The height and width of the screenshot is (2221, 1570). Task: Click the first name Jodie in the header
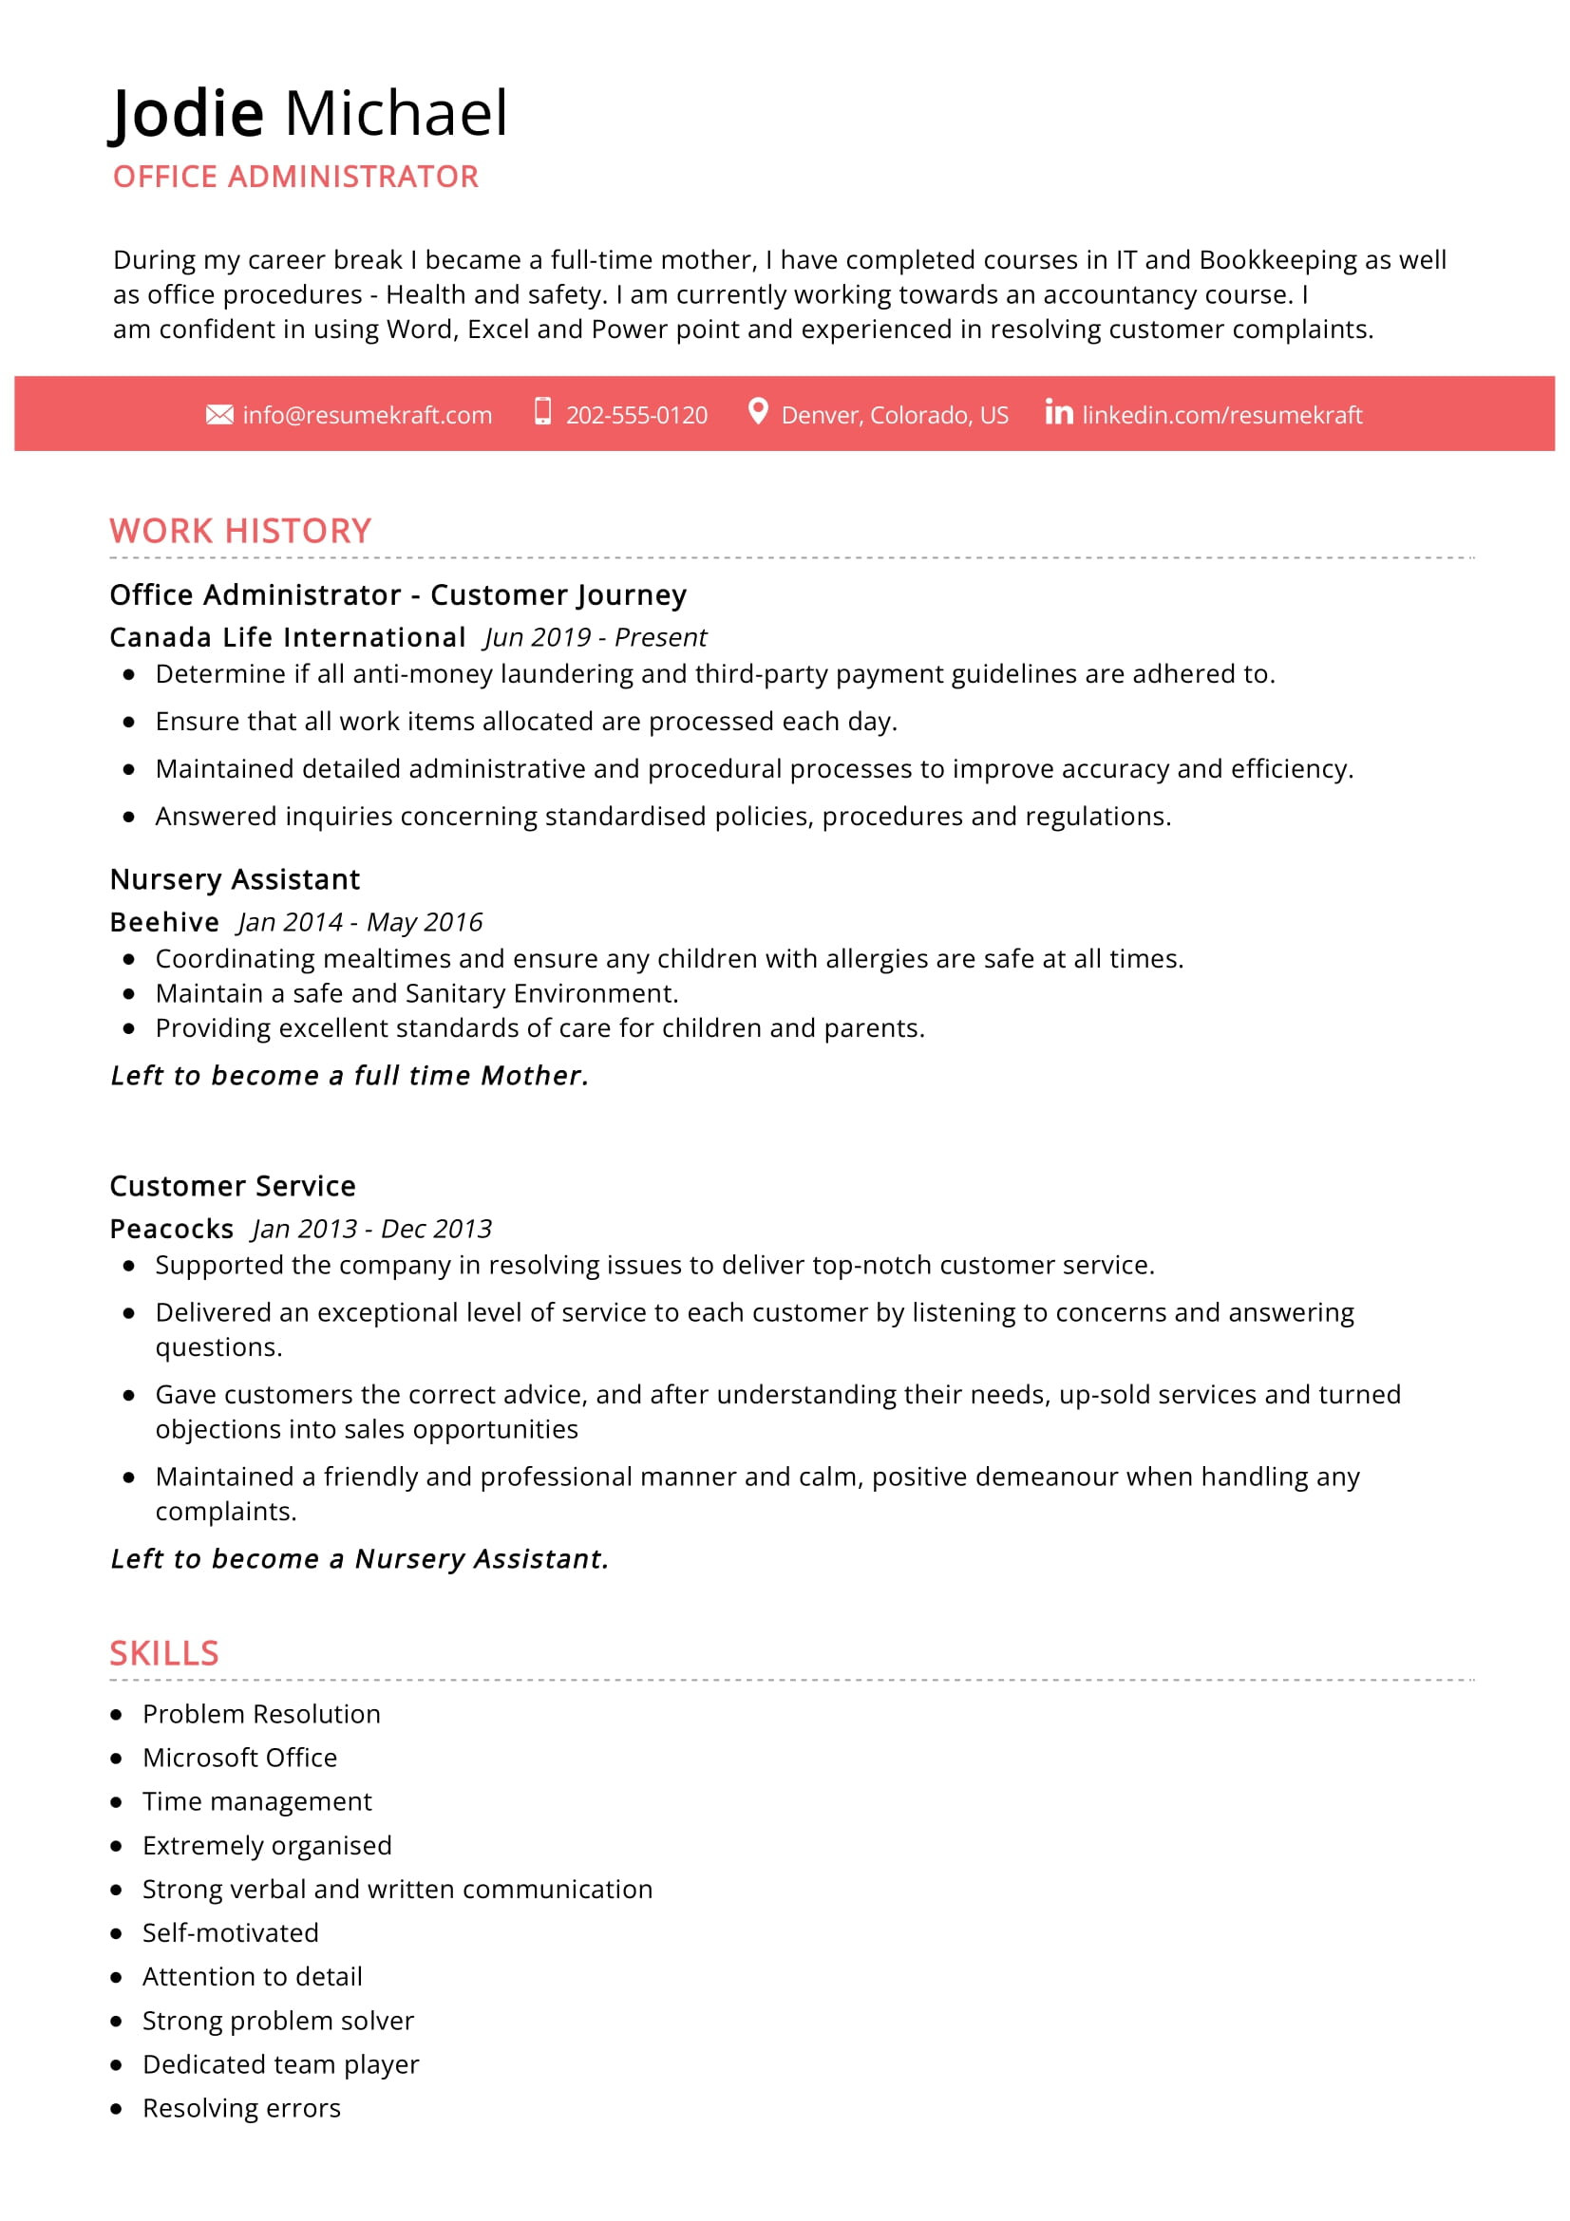[x=187, y=113]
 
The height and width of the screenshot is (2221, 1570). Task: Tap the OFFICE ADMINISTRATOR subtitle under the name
[x=295, y=177]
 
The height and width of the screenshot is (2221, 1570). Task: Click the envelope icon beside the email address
[x=219, y=415]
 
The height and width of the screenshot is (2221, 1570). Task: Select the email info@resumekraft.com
[x=368, y=415]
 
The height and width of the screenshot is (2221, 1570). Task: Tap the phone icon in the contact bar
[x=542, y=412]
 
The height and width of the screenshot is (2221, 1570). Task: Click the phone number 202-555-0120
[x=636, y=415]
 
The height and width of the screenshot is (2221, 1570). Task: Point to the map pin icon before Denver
[x=758, y=412]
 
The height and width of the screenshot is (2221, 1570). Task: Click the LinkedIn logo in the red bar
[x=1058, y=413]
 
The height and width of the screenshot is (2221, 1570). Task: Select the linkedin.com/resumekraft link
[x=1221, y=415]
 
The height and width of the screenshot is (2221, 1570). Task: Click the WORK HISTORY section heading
[x=240, y=531]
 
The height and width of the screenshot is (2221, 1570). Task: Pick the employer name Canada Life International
[x=287, y=637]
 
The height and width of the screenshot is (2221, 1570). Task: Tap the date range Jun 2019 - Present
[x=596, y=637]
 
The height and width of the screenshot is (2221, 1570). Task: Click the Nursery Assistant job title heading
[x=234, y=879]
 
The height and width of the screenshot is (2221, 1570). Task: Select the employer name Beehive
[x=164, y=922]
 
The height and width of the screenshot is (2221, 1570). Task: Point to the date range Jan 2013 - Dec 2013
[x=372, y=1229]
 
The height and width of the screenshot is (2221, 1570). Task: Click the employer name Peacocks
[x=171, y=1229]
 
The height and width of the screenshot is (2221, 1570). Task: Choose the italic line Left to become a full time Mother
[x=350, y=1076]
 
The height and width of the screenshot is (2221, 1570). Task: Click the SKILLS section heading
[x=163, y=1653]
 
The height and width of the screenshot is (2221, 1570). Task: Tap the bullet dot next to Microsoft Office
[x=116, y=1759]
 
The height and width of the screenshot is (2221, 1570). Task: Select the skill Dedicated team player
[x=280, y=2064]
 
